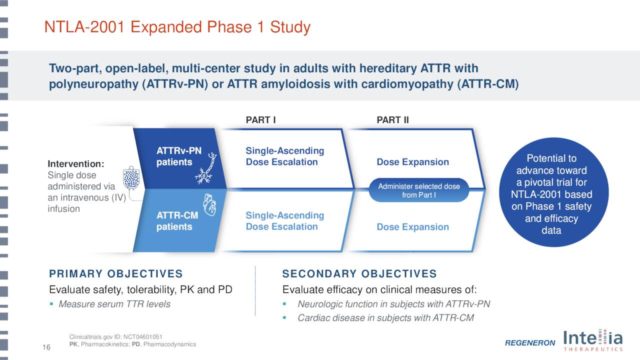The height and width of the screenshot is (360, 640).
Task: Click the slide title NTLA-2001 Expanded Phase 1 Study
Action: [177, 27]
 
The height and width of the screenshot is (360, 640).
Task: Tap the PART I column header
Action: [260, 120]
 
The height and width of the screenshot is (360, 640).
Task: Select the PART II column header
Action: [392, 120]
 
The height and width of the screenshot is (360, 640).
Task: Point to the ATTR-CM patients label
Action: [174, 221]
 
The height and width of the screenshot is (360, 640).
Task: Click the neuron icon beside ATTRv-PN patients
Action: [207, 167]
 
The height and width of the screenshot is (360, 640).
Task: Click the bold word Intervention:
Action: [75, 164]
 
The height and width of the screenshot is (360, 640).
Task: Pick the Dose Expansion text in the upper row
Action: [412, 162]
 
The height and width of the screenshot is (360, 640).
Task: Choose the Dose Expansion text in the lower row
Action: [412, 227]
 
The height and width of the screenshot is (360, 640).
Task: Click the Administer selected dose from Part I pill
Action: [418, 190]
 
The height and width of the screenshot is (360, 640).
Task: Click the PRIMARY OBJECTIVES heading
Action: [115, 274]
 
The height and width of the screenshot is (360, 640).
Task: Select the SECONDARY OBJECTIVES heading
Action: [359, 274]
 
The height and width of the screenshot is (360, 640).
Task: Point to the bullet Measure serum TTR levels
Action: [114, 304]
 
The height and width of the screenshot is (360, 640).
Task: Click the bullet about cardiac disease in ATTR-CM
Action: [385, 318]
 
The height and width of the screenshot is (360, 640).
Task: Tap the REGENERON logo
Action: [529, 343]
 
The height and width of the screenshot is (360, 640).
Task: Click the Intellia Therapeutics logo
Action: [593, 340]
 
